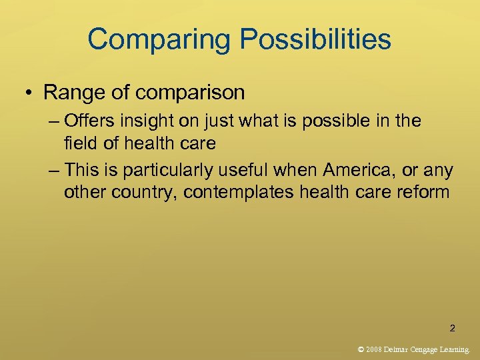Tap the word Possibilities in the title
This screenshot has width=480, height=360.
tap(316, 39)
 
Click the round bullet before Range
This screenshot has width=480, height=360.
tap(31, 93)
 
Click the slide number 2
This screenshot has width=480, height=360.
tap(453, 328)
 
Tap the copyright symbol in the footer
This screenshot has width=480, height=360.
tap(361, 349)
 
